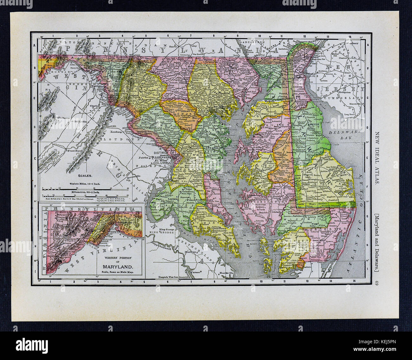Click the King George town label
point(167,229)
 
